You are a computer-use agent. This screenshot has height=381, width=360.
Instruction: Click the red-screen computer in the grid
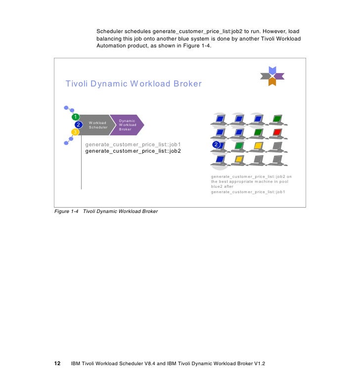click(x=277, y=133)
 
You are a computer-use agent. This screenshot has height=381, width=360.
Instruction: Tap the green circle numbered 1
click(x=76, y=117)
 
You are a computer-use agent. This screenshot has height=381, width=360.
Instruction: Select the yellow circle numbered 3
click(x=75, y=132)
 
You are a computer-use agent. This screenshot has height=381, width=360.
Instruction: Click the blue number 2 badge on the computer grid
click(x=216, y=144)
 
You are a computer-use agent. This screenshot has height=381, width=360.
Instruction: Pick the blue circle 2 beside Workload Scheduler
click(x=78, y=125)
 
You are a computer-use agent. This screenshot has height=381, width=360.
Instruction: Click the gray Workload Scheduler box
click(x=97, y=125)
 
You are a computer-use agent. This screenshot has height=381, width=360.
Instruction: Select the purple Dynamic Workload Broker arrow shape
click(x=127, y=125)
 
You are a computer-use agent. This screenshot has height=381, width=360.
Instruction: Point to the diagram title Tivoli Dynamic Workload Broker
click(x=134, y=84)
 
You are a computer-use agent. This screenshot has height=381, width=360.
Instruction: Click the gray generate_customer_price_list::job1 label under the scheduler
click(x=133, y=144)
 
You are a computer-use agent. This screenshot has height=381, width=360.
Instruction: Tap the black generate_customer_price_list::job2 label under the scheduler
click(x=133, y=151)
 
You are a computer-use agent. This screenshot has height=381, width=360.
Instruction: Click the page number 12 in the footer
click(x=57, y=363)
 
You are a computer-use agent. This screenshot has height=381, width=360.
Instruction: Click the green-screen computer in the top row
click(x=277, y=119)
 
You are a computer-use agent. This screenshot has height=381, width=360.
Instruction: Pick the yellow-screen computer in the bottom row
click(x=238, y=159)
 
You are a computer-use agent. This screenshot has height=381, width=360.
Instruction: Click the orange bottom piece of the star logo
click(x=272, y=82)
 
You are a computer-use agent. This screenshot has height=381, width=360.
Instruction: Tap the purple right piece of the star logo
click(x=279, y=76)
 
